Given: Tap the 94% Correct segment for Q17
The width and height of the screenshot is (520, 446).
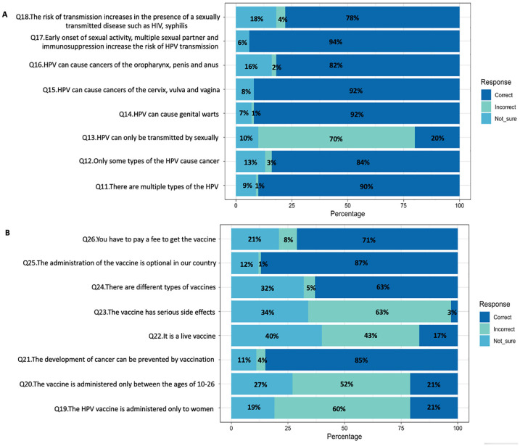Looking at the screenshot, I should pyautogui.click(x=354, y=42).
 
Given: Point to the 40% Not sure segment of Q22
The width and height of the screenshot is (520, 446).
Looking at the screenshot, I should pyautogui.click(x=276, y=336).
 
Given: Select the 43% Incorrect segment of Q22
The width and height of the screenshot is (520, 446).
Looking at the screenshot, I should pyautogui.click(x=370, y=336).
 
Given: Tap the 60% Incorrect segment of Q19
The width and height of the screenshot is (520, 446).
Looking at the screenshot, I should pyautogui.click(x=342, y=387).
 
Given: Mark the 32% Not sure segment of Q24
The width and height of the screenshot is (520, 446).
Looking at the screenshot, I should pyautogui.click(x=267, y=288).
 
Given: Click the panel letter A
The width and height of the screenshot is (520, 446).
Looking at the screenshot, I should pyautogui.click(x=7, y=6).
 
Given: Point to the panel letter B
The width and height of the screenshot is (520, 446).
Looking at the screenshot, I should pyautogui.click(x=7, y=234).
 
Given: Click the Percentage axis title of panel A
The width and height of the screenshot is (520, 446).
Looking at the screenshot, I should pyautogui.click(x=347, y=215).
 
